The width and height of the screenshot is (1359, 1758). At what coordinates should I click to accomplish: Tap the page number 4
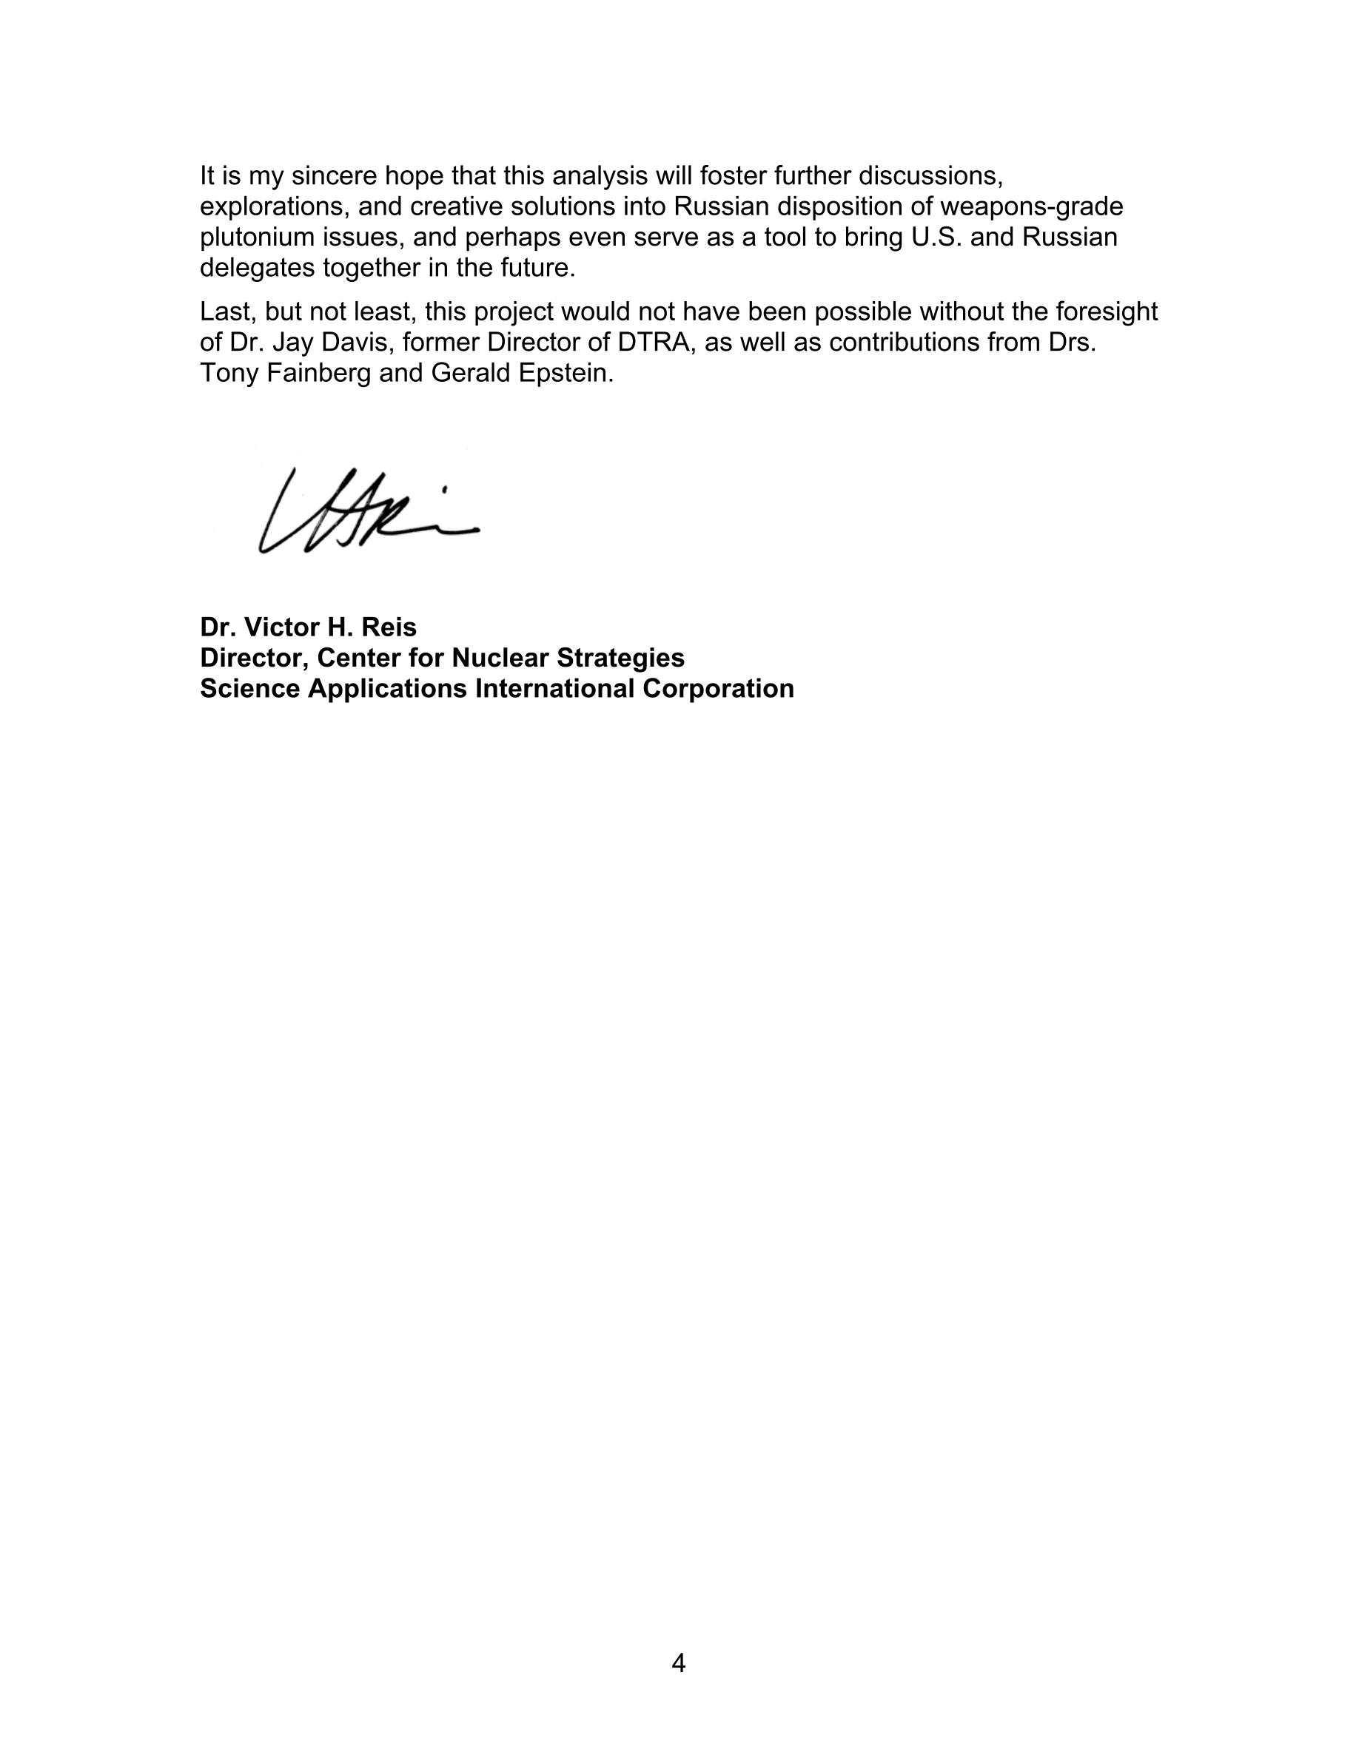click(679, 1663)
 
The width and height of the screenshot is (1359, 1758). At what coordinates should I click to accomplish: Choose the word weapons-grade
click(1031, 207)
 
